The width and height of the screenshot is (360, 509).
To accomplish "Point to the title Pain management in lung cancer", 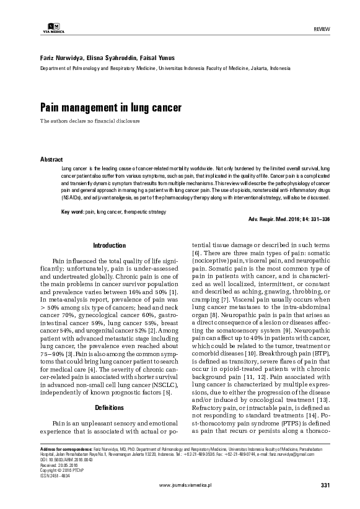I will pyautogui.click(x=102, y=108).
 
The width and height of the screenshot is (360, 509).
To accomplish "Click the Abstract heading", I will pyautogui.click(x=51, y=159).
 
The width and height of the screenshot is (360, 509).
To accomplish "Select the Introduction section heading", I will pyautogui.click(x=108, y=245).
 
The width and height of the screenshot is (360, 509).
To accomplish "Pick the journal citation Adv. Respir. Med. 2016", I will pyautogui.click(x=289, y=220).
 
